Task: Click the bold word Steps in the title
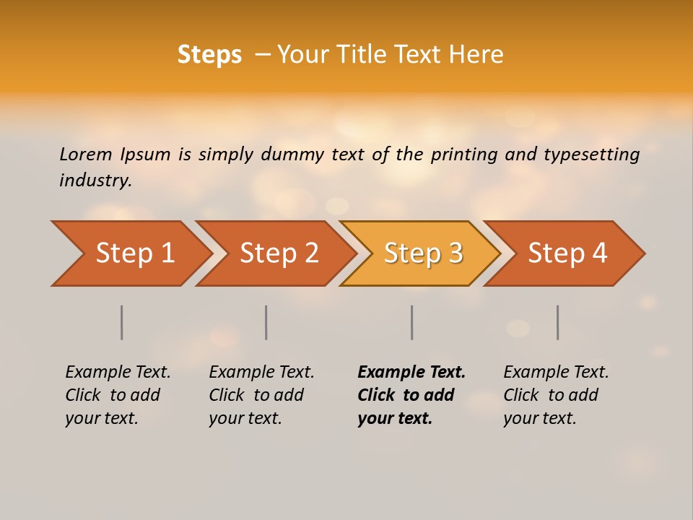click(209, 55)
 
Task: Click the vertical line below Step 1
click(122, 322)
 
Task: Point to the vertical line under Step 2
click(266, 322)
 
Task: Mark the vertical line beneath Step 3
click(412, 322)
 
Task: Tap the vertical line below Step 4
click(558, 322)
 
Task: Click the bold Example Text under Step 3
click(411, 394)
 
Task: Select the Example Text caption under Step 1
click(118, 394)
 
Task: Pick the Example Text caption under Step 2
click(261, 394)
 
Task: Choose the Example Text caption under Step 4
click(556, 394)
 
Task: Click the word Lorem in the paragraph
click(86, 154)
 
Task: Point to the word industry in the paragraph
click(95, 180)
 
